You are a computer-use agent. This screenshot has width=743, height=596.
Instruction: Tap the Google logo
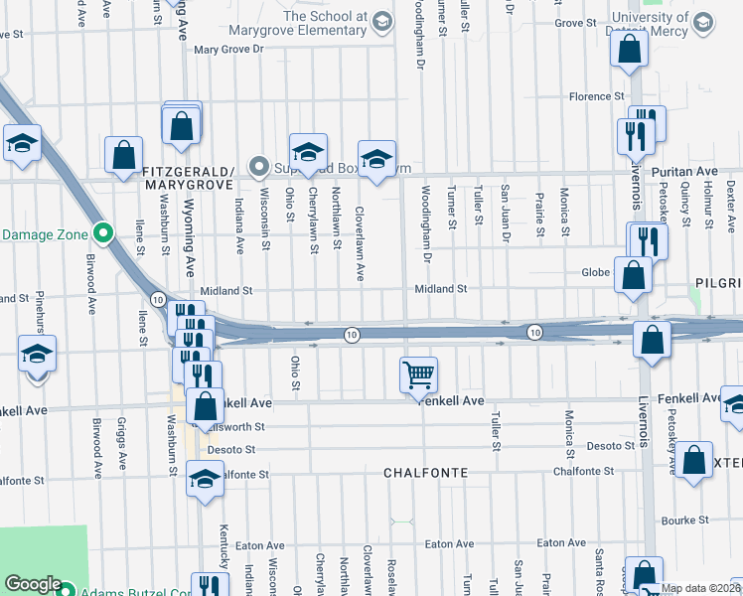pos(33,585)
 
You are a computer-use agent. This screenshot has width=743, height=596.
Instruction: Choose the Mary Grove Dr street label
pos(228,49)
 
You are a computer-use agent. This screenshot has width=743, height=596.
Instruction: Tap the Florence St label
pos(596,96)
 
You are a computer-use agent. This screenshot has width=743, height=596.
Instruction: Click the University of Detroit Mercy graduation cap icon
pos(702,22)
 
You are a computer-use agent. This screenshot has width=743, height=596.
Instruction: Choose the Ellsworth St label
pos(238,427)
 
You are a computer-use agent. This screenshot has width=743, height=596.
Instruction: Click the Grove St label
pos(574,22)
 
